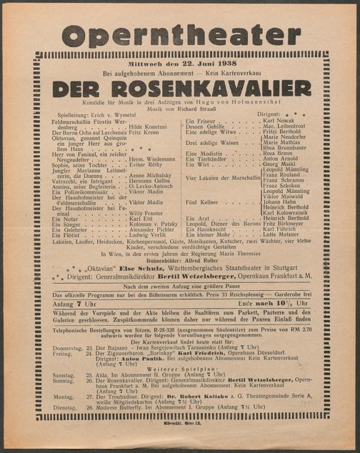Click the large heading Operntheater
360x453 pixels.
pos(179,34)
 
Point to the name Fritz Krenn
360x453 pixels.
pos(146,132)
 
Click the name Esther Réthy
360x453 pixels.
pos(146,164)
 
